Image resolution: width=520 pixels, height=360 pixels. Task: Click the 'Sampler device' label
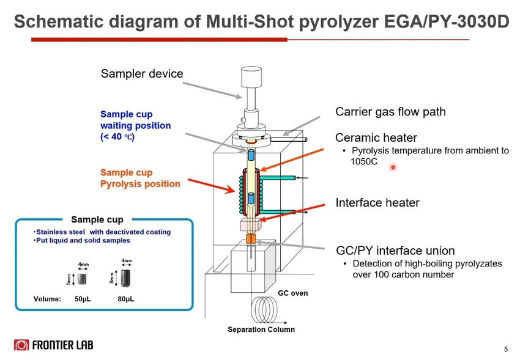point(141,74)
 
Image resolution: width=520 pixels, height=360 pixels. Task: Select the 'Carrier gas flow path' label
point(390,112)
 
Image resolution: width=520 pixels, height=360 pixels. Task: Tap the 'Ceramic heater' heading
point(376,138)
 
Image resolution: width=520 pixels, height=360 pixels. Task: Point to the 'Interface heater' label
point(377,203)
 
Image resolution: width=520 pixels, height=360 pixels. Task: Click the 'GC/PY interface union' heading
point(395,251)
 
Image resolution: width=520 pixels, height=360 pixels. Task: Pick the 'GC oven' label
point(293,293)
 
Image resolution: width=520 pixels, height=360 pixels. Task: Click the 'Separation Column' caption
point(261,329)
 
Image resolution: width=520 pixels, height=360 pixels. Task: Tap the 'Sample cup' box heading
point(97,219)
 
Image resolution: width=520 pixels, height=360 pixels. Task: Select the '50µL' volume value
point(83,299)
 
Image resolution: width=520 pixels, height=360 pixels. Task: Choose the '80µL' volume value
point(126,299)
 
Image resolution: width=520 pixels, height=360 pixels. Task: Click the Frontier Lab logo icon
point(21,345)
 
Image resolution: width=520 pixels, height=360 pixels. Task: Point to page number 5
point(506,350)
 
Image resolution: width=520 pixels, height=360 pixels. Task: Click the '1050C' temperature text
point(365,163)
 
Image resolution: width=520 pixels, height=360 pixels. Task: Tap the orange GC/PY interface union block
point(251,238)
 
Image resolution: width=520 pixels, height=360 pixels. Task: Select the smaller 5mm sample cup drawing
point(82,279)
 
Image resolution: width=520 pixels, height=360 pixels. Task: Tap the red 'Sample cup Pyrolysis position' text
point(140,178)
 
